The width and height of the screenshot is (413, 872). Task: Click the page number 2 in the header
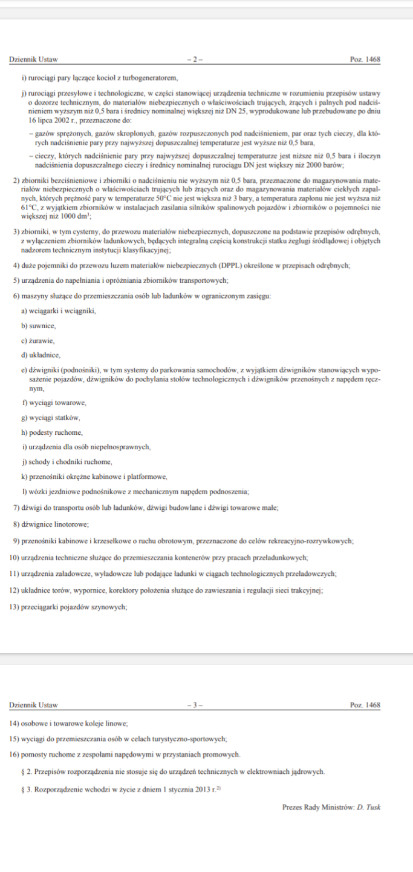(195, 59)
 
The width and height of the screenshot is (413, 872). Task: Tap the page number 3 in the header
(195, 705)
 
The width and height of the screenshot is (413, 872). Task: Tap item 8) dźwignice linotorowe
(50, 523)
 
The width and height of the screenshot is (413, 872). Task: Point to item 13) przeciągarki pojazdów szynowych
(68, 606)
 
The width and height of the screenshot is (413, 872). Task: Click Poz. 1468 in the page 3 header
(365, 705)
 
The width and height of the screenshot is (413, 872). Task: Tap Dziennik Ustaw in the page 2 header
(34, 59)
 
